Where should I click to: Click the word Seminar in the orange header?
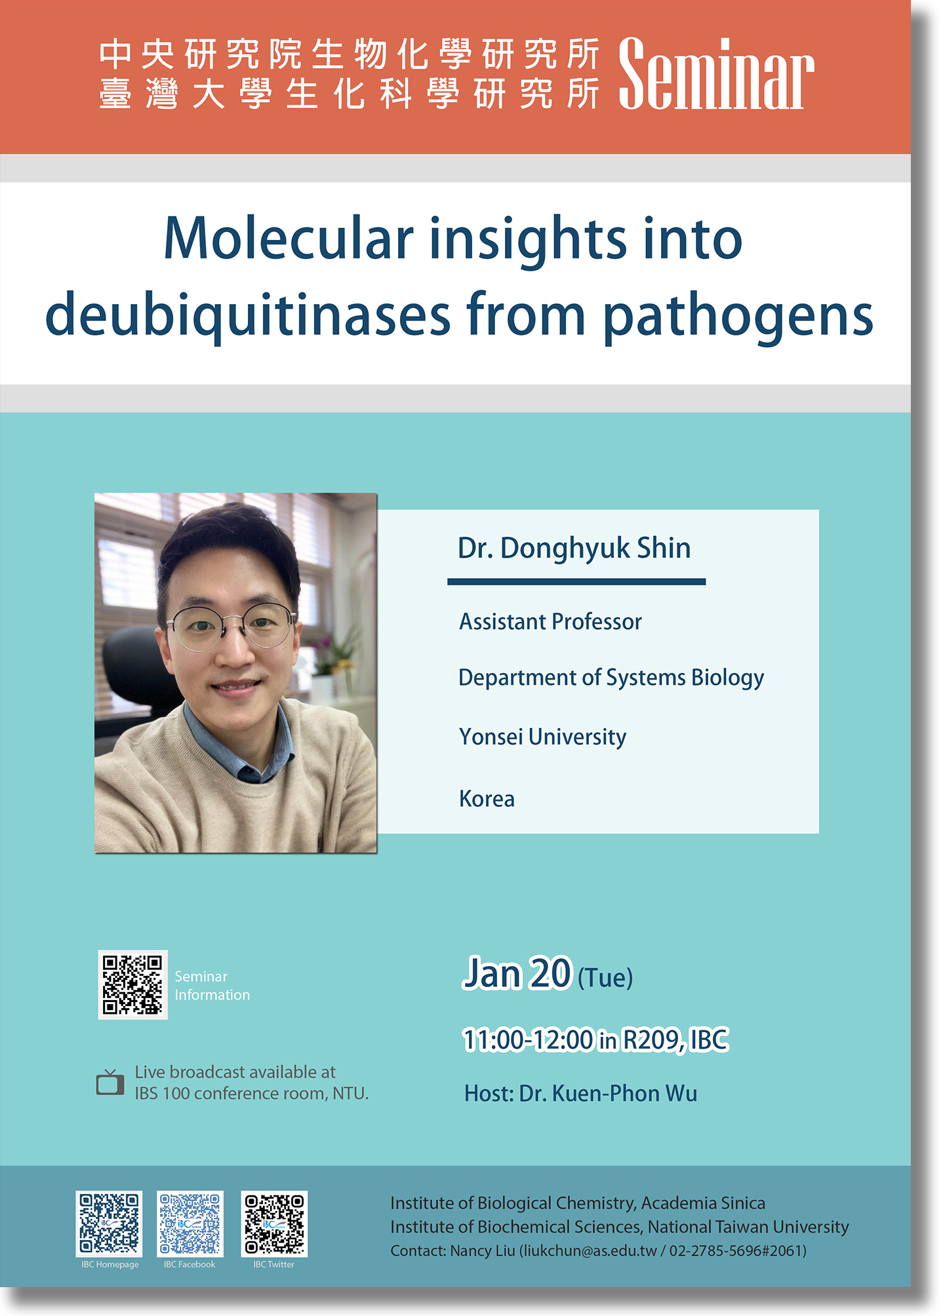pos(716,73)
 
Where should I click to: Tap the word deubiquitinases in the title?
pos(248,315)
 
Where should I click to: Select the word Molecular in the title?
pos(289,238)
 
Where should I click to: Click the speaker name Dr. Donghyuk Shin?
pos(574,548)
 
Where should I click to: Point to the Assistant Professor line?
pos(550,621)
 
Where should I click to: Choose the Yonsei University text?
pos(542,737)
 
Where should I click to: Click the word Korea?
pos(487,799)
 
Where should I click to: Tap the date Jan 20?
pos(517,973)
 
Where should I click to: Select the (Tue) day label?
pos(605,978)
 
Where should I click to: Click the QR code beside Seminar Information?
pos(132,984)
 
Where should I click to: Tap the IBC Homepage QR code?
pos(110,1224)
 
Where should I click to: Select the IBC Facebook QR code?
pos(190,1224)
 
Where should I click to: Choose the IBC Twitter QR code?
pos(274,1224)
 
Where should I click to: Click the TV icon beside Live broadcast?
pos(110,1082)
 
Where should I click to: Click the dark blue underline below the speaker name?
pos(576,581)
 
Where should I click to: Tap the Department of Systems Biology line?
pos(611,678)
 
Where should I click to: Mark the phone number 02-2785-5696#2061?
pos(736,1250)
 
